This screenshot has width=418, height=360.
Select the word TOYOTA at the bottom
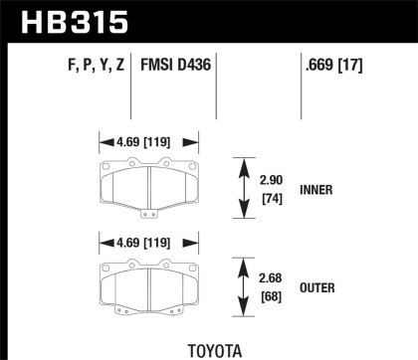(208, 349)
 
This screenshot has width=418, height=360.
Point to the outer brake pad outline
(147, 284)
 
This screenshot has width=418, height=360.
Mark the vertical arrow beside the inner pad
(240, 186)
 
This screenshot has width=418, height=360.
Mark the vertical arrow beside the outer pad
(240, 286)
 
